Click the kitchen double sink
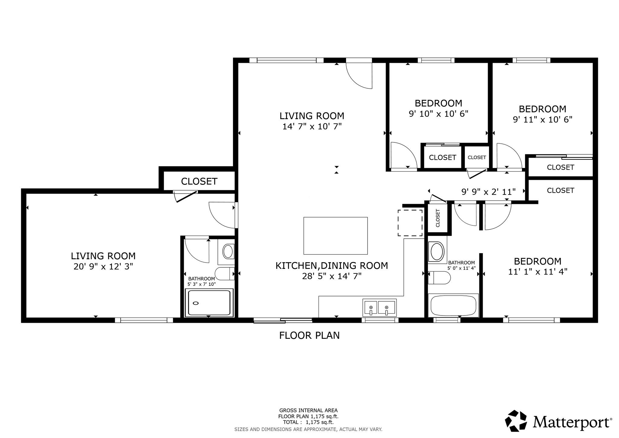[380, 308]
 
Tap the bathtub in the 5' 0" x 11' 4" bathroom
[453, 306]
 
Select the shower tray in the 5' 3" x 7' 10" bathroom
[209, 303]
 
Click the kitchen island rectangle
[335, 236]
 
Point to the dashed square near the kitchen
[410, 223]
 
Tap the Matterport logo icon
[517, 421]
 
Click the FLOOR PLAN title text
[309, 335]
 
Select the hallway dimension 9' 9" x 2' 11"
[488, 192]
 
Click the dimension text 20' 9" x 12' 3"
[103, 266]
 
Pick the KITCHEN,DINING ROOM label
[332, 266]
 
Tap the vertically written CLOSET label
[438, 218]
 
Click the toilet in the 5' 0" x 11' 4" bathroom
[439, 277]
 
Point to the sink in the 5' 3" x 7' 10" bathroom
[228, 251]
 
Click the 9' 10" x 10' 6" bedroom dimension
[439, 114]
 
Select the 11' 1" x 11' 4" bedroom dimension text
[538, 272]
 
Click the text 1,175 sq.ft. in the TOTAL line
[320, 422]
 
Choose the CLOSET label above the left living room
[199, 181]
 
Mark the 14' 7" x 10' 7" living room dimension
[312, 126]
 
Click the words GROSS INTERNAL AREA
[308, 410]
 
